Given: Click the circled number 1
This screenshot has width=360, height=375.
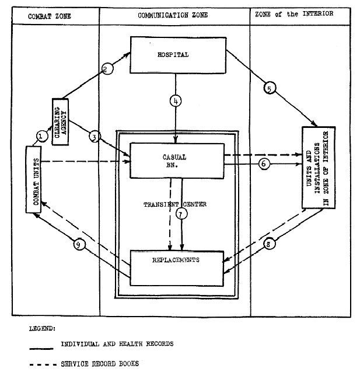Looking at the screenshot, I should click(41, 136).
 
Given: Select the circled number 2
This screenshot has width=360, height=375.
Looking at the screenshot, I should click(106, 68).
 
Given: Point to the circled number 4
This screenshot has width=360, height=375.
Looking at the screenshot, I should click(176, 100).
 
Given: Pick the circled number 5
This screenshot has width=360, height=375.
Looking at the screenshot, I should click(269, 88).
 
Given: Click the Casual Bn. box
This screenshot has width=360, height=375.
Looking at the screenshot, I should click(176, 161).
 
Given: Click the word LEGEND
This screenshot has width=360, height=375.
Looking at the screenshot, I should click(41, 329).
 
